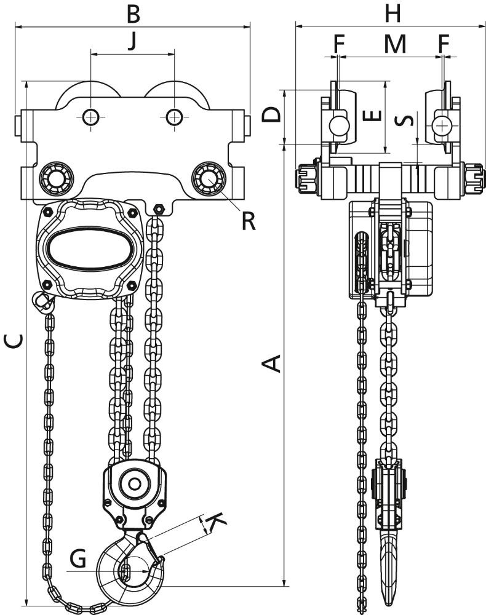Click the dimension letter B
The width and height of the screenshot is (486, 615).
(133, 14)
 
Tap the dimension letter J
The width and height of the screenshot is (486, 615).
(133, 42)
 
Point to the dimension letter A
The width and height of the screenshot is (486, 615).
(271, 363)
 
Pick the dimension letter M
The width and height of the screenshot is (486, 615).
(395, 44)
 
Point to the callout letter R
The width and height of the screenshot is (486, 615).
(249, 221)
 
